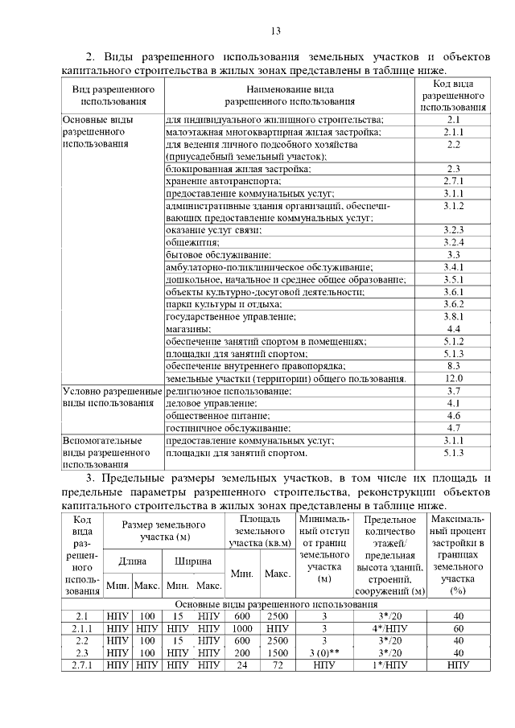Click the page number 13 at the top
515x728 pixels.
pyautogui.click(x=275, y=31)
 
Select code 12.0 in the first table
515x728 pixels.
pyautogui.click(x=453, y=378)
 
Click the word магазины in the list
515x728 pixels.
pyautogui.click(x=188, y=329)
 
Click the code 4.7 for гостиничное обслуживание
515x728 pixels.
pyautogui.click(x=453, y=428)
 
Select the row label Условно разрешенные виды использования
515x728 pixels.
pyautogui.click(x=112, y=397)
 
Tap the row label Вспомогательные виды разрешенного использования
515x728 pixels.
pyautogui.click(x=108, y=452)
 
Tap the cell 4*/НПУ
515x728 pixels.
pyautogui.click(x=389, y=629)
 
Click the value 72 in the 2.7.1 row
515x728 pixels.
pyautogui.click(x=277, y=665)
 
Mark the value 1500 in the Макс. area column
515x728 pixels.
pyautogui.click(x=277, y=652)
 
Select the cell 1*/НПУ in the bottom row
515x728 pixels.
pyautogui.click(x=389, y=665)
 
